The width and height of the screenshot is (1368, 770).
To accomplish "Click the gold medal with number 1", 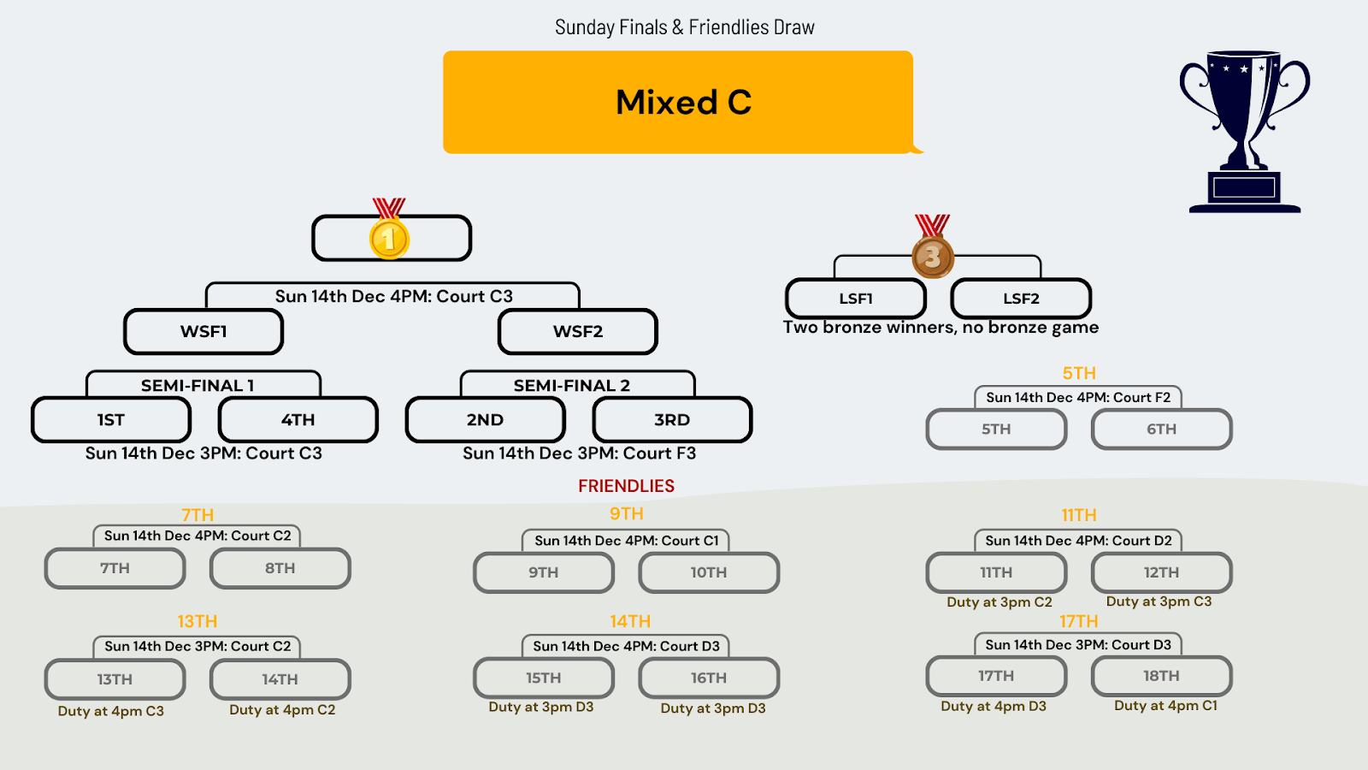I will pyautogui.click(x=389, y=237).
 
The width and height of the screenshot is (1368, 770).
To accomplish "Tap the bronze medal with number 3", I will pyautogui.click(x=932, y=255).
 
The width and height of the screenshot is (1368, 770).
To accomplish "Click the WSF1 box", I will pyautogui.click(x=203, y=332).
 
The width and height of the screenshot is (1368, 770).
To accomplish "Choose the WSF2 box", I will pyautogui.click(x=578, y=332).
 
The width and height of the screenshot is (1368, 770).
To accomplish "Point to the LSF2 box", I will pyautogui.click(x=1021, y=299).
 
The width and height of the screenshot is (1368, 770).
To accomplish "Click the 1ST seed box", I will pyautogui.click(x=111, y=420).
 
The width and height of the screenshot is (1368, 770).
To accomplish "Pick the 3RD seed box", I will pyautogui.click(x=672, y=420).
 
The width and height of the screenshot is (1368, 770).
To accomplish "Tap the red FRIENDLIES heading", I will pyautogui.click(x=626, y=486).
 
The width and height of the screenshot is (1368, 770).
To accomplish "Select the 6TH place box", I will pyautogui.click(x=1161, y=429).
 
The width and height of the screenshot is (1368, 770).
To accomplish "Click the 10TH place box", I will pyautogui.click(x=709, y=573).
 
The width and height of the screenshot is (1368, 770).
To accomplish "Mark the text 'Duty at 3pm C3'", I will pyautogui.click(x=1159, y=601).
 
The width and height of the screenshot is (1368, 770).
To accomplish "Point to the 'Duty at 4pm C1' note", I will pyautogui.click(x=1165, y=706).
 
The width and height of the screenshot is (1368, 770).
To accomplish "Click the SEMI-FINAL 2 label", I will pyautogui.click(x=572, y=386).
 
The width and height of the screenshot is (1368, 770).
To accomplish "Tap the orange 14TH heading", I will pyautogui.click(x=630, y=621).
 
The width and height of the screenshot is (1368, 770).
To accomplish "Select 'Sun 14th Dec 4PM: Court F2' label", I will pyautogui.click(x=1078, y=398).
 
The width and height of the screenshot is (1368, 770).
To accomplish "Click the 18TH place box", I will pyautogui.click(x=1161, y=676).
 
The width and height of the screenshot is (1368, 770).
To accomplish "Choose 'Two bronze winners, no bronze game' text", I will pyautogui.click(x=940, y=328).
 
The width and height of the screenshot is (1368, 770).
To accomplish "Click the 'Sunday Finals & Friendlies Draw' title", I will pyautogui.click(x=684, y=27).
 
